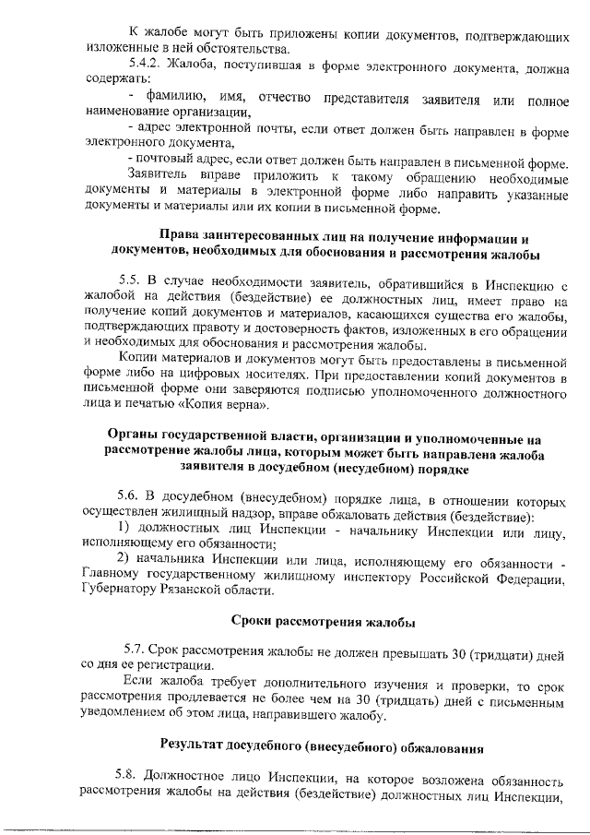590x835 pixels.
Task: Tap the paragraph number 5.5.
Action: coord(129,278)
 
